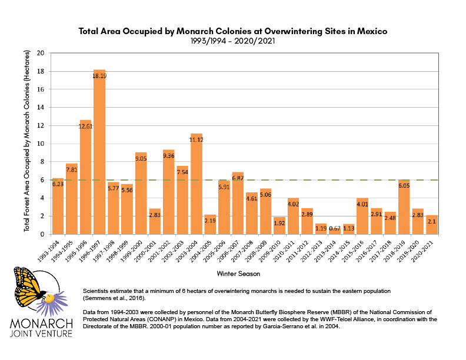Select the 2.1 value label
432,221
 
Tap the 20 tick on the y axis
41,53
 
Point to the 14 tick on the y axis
41,108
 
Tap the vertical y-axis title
27,144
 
